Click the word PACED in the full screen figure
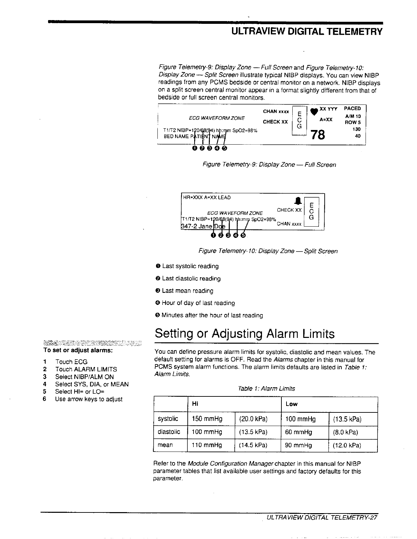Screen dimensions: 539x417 (x=352, y=109)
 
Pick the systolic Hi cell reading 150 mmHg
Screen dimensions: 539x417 (x=207, y=419)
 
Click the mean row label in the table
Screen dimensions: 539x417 (x=165, y=445)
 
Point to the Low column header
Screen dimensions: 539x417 (x=292, y=404)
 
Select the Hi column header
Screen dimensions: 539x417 (x=195, y=404)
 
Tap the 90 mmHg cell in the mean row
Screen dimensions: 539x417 (x=298, y=445)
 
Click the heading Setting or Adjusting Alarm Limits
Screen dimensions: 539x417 (x=245, y=334)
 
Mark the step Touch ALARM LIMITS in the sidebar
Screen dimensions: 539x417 (x=86, y=369)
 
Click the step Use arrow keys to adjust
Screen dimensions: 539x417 (x=89, y=399)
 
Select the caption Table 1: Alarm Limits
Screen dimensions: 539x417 (x=266, y=389)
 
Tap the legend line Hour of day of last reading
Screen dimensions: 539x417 (x=198, y=303)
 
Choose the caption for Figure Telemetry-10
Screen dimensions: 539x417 (x=268, y=251)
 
